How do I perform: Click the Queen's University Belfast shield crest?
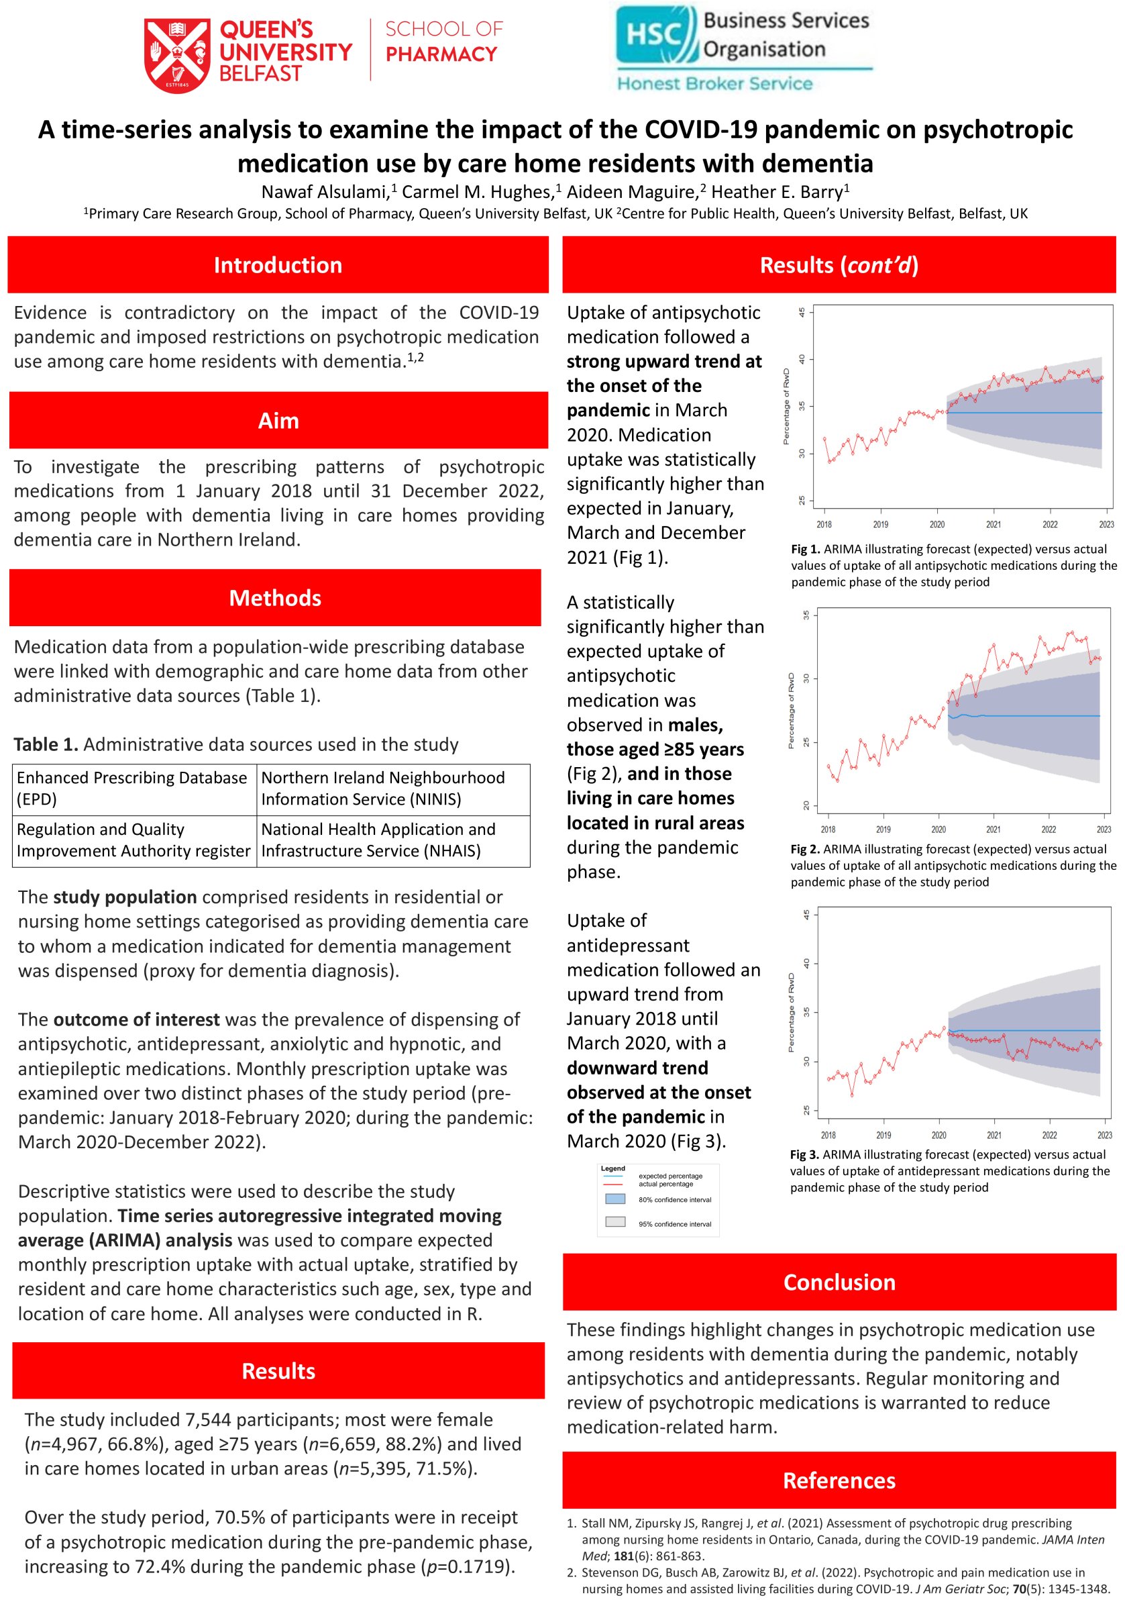(x=176, y=55)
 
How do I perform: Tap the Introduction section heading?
(x=278, y=266)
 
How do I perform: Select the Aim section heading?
(x=278, y=421)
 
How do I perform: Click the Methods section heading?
(x=275, y=598)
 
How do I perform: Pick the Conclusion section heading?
(x=839, y=1282)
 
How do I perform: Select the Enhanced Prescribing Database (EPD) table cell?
(x=133, y=789)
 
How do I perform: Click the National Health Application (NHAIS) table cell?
(x=392, y=840)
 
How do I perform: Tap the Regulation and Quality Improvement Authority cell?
(x=133, y=840)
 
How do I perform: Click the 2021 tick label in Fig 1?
(x=993, y=525)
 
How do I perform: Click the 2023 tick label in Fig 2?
(x=1104, y=830)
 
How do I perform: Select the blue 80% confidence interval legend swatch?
(x=614, y=1199)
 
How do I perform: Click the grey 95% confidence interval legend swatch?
(x=614, y=1222)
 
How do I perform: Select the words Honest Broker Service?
(x=714, y=84)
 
